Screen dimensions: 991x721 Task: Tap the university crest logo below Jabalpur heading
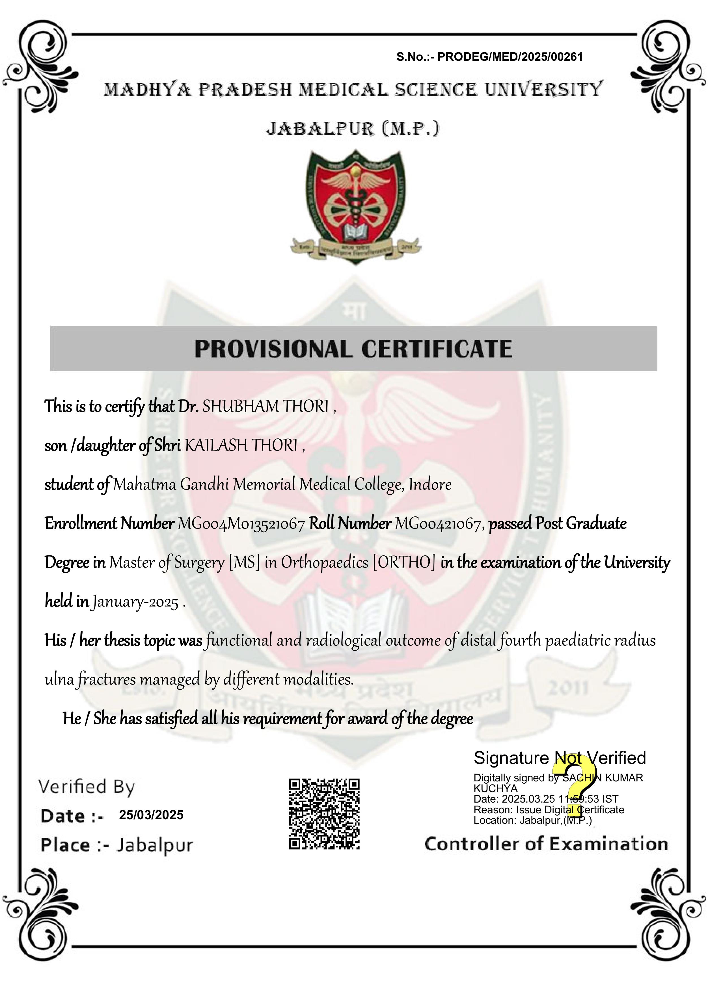click(x=355, y=207)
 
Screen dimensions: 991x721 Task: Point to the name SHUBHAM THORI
click(x=265, y=407)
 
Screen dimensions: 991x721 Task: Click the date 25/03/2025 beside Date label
click(x=151, y=815)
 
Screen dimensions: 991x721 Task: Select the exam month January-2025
click(x=135, y=603)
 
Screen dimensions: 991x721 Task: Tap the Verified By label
click(x=87, y=787)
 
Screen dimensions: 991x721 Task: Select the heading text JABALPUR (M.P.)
click(x=353, y=129)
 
